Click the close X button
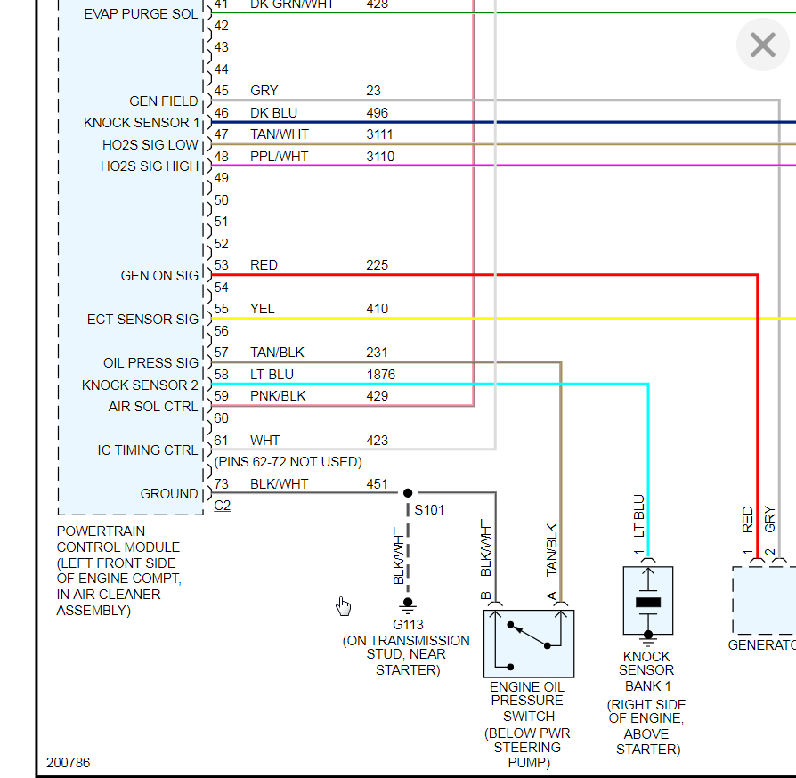763,45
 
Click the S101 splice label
429,510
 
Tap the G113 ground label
408,625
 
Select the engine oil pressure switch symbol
529,644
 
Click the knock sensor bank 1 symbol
648,602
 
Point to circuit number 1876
381,375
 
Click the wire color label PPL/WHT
279,157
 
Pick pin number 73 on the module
222,484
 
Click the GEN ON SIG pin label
159,276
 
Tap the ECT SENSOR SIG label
142,320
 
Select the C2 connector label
222,506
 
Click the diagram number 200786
69,763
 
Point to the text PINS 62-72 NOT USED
288,462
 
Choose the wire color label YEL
263,309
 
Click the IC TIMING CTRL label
148,450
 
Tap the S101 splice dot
408,492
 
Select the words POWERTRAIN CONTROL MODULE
118,539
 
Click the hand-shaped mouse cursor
344,606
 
